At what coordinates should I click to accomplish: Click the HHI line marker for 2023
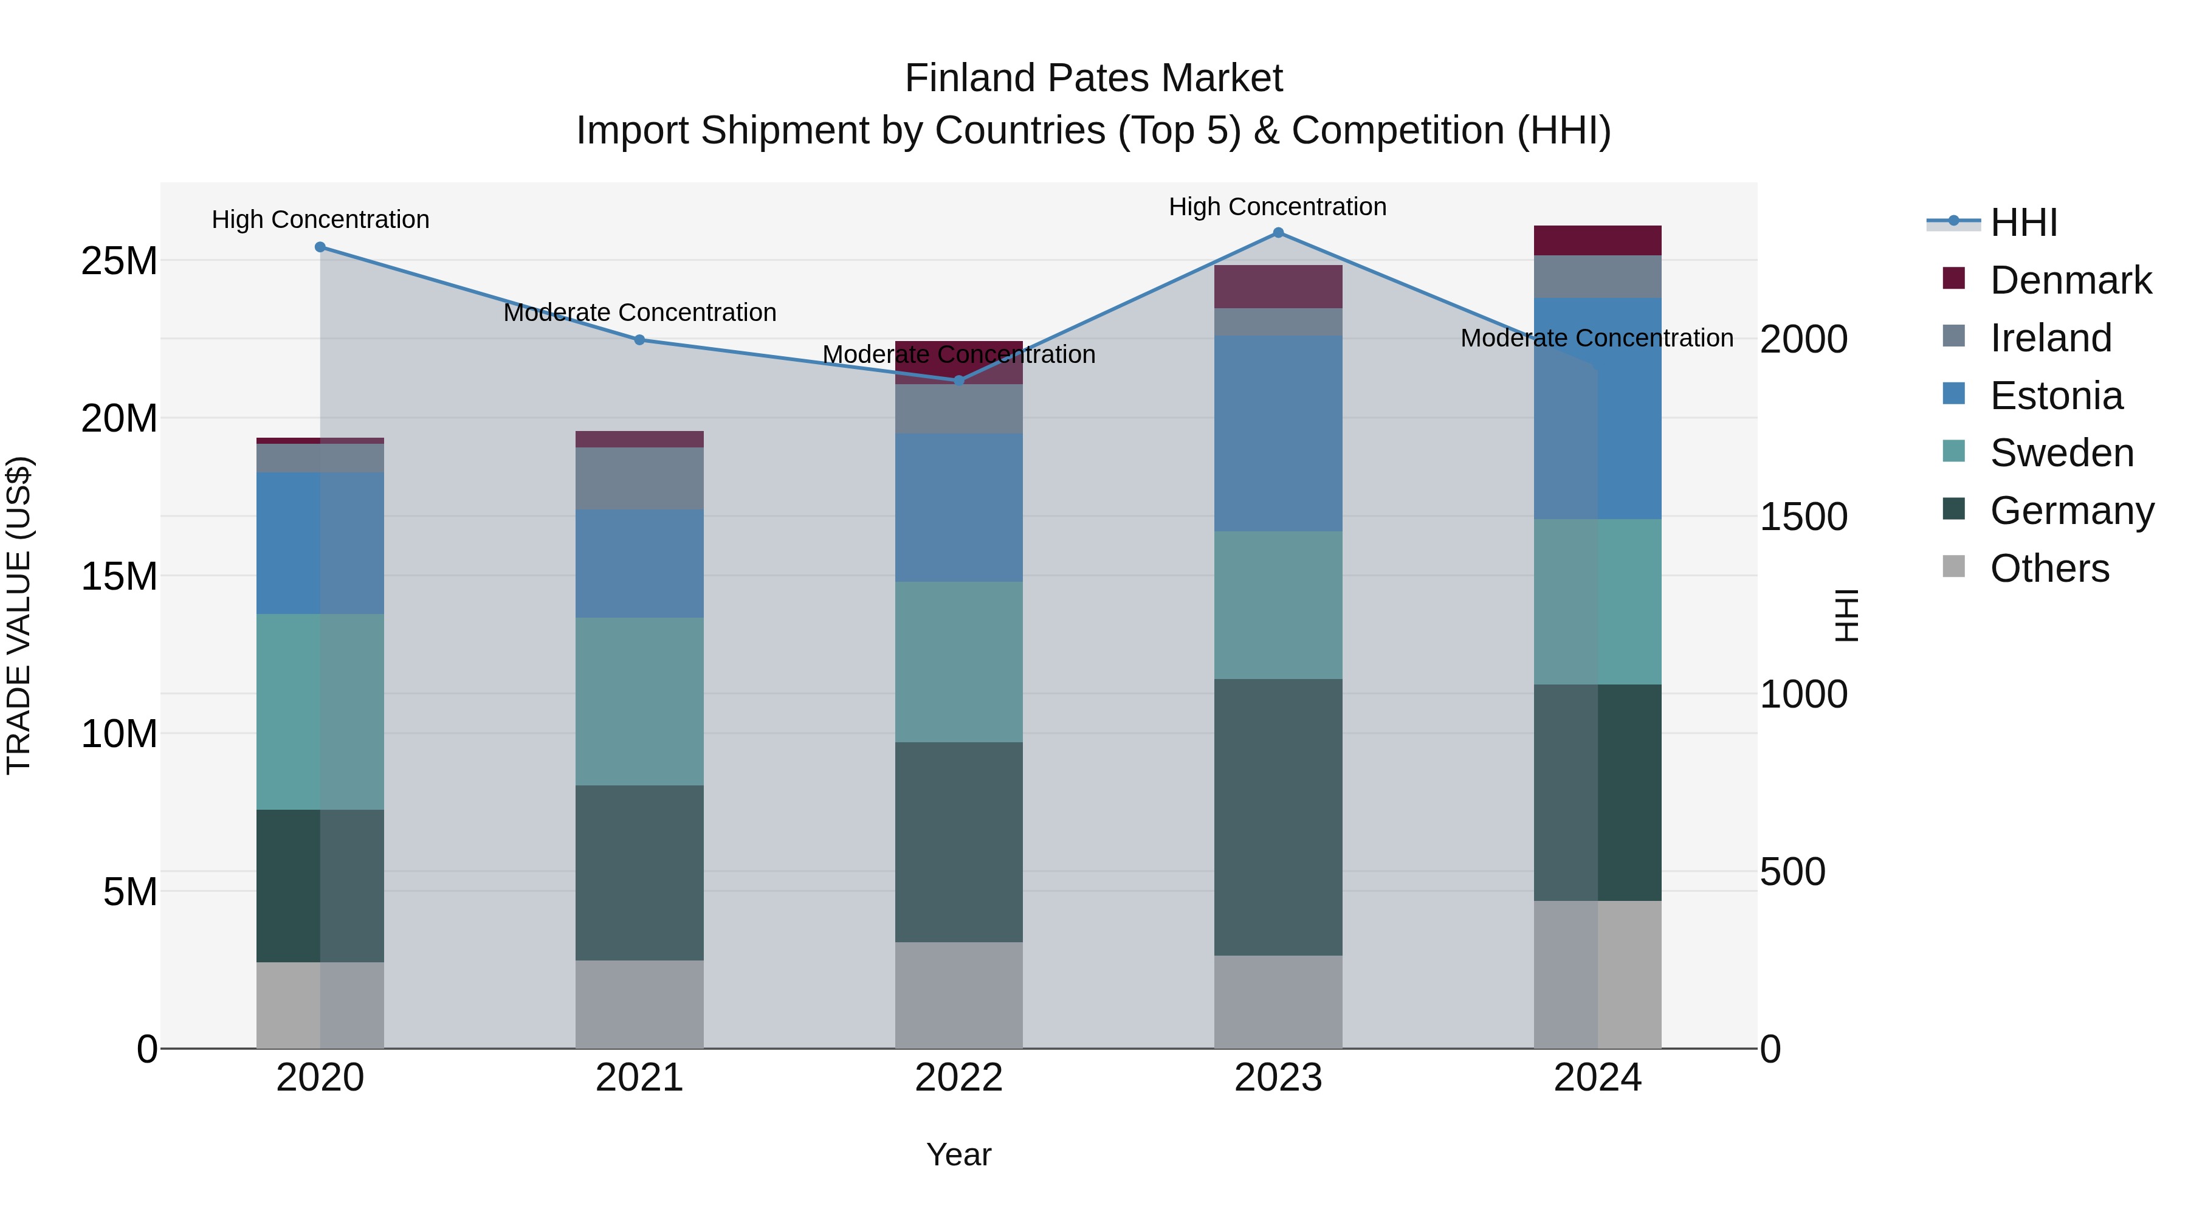[1278, 233]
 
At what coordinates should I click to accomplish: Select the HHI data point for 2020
[320, 247]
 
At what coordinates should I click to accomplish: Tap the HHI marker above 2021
[639, 340]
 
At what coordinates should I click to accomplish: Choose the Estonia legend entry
[2056, 396]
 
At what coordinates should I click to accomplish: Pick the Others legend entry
[2049, 568]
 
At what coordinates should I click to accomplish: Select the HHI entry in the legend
[2023, 222]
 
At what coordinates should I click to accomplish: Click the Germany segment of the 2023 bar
[1278, 816]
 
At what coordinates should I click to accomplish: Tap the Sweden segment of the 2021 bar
[639, 701]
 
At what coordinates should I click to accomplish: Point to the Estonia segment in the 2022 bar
[959, 508]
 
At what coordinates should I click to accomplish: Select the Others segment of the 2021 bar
[639, 1004]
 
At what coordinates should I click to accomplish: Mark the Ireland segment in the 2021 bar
[639, 478]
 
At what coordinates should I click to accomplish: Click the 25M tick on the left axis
[119, 261]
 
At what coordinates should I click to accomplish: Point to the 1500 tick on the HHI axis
[1803, 517]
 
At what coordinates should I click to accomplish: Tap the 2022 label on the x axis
[959, 1078]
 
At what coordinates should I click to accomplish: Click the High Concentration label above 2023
[1278, 207]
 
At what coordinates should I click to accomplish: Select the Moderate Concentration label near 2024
[1597, 338]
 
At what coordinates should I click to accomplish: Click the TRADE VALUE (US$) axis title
[19, 616]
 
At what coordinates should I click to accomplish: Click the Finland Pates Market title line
[1093, 78]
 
